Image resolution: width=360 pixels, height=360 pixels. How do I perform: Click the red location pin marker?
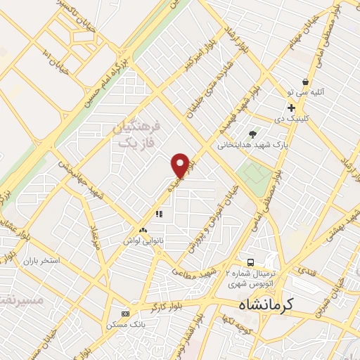point(181,165)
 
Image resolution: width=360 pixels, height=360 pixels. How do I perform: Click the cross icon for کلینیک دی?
point(290,108)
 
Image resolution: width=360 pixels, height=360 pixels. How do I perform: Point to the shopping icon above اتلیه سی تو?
point(304,82)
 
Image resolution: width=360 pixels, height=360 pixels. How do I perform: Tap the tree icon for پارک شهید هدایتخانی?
point(252,134)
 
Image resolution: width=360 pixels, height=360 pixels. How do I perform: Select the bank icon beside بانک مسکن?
point(125,314)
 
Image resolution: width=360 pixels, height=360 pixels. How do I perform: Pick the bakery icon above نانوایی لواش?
point(143,230)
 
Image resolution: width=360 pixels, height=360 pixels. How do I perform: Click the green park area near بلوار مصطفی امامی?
point(253,173)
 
